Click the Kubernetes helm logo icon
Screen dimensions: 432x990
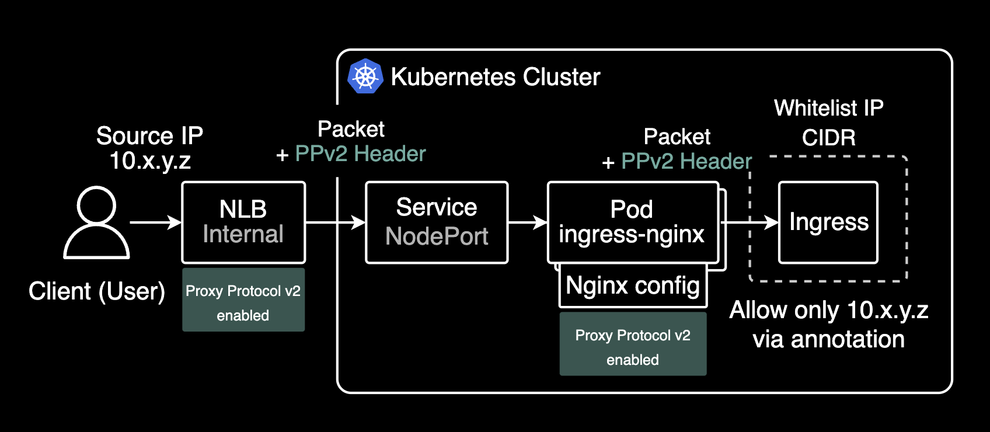tap(365, 76)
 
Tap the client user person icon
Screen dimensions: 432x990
tap(96, 222)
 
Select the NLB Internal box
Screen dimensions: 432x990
tap(243, 222)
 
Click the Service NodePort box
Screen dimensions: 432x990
tap(437, 222)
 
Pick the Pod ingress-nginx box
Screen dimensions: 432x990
tap(632, 222)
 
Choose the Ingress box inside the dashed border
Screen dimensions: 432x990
tap(828, 222)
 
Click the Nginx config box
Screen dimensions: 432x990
tap(633, 286)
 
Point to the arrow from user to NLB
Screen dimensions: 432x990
tap(155, 222)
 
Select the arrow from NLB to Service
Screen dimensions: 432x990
tap(335, 222)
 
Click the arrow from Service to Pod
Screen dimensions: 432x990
tap(528, 222)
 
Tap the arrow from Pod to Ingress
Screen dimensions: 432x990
tap(750, 222)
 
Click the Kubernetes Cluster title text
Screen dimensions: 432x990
tap(495, 77)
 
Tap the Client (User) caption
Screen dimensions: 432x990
tap(97, 291)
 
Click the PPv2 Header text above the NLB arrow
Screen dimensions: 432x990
tap(360, 154)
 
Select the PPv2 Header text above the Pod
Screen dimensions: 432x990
tap(686, 162)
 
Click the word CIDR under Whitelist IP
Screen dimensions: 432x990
tap(828, 138)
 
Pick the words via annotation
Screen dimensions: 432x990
tap(828, 340)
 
